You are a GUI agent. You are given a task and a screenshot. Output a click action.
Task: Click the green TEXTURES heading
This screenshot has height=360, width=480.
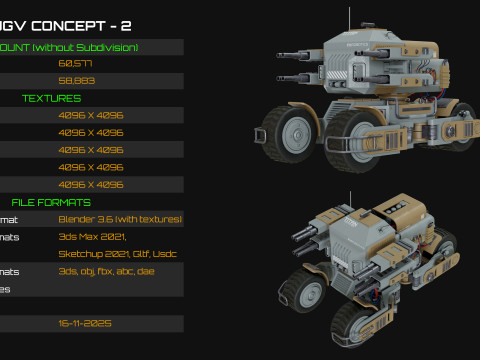point(52,98)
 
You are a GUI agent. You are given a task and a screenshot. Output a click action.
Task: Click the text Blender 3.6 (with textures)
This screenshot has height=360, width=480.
point(120,219)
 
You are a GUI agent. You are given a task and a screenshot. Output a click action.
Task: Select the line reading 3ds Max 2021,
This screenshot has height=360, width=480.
point(87,237)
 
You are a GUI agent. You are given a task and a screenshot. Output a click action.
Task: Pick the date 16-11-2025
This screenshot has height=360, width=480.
point(84,324)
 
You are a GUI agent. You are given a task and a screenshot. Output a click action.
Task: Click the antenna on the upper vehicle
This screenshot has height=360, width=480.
point(349,19)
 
